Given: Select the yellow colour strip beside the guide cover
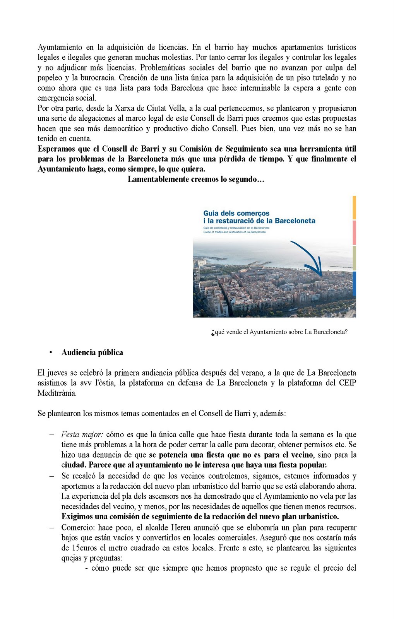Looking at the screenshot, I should pyautogui.click(x=354, y=207).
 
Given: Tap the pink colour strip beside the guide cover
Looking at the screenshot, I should pyautogui.click(x=354, y=233).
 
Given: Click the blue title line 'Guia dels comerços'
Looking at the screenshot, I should pyautogui.click(x=236, y=213).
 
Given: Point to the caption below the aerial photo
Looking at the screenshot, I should pyautogui.click(x=279, y=332).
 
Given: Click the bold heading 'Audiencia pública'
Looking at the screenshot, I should pyautogui.click(x=92, y=352).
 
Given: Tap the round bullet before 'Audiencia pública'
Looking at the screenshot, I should pyautogui.click(x=51, y=352).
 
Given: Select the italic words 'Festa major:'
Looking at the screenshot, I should pyautogui.click(x=82, y=434).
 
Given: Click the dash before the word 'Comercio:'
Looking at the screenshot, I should pyautogui.click(x=51, y=528).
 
